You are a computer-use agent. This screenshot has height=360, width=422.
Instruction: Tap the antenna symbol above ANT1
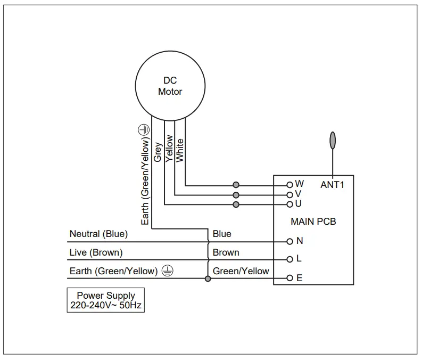click(x=333, y=140)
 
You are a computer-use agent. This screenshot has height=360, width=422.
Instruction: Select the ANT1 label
click(x=333, y=185)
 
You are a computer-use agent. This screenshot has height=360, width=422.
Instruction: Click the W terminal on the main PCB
click(x=290, y=185)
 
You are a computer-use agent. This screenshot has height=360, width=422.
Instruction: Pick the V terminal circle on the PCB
click(x=290, y=194)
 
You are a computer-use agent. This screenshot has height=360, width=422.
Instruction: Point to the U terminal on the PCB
click(x=290, y=204)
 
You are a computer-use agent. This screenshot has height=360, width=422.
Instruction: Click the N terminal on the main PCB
click(x=290, y=241)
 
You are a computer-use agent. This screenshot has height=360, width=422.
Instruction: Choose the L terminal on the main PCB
click(x=290, y=260)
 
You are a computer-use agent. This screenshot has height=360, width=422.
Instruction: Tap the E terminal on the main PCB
click(x=290, y=278)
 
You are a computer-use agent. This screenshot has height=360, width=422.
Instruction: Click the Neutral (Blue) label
click(x=98, y=234)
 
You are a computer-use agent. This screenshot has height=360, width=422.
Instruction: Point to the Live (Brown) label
click(x=96, y=252)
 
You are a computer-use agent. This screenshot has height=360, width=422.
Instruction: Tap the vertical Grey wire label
click(x=158, y=152)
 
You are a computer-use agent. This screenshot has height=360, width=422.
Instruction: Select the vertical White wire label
click(x=180, y=150)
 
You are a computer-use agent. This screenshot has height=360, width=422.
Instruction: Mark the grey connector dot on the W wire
click(x=236, y=185)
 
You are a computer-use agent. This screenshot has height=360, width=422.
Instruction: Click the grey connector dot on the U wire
click(x=236, y=204)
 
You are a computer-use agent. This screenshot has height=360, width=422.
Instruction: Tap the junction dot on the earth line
click(x=208, y=279)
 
